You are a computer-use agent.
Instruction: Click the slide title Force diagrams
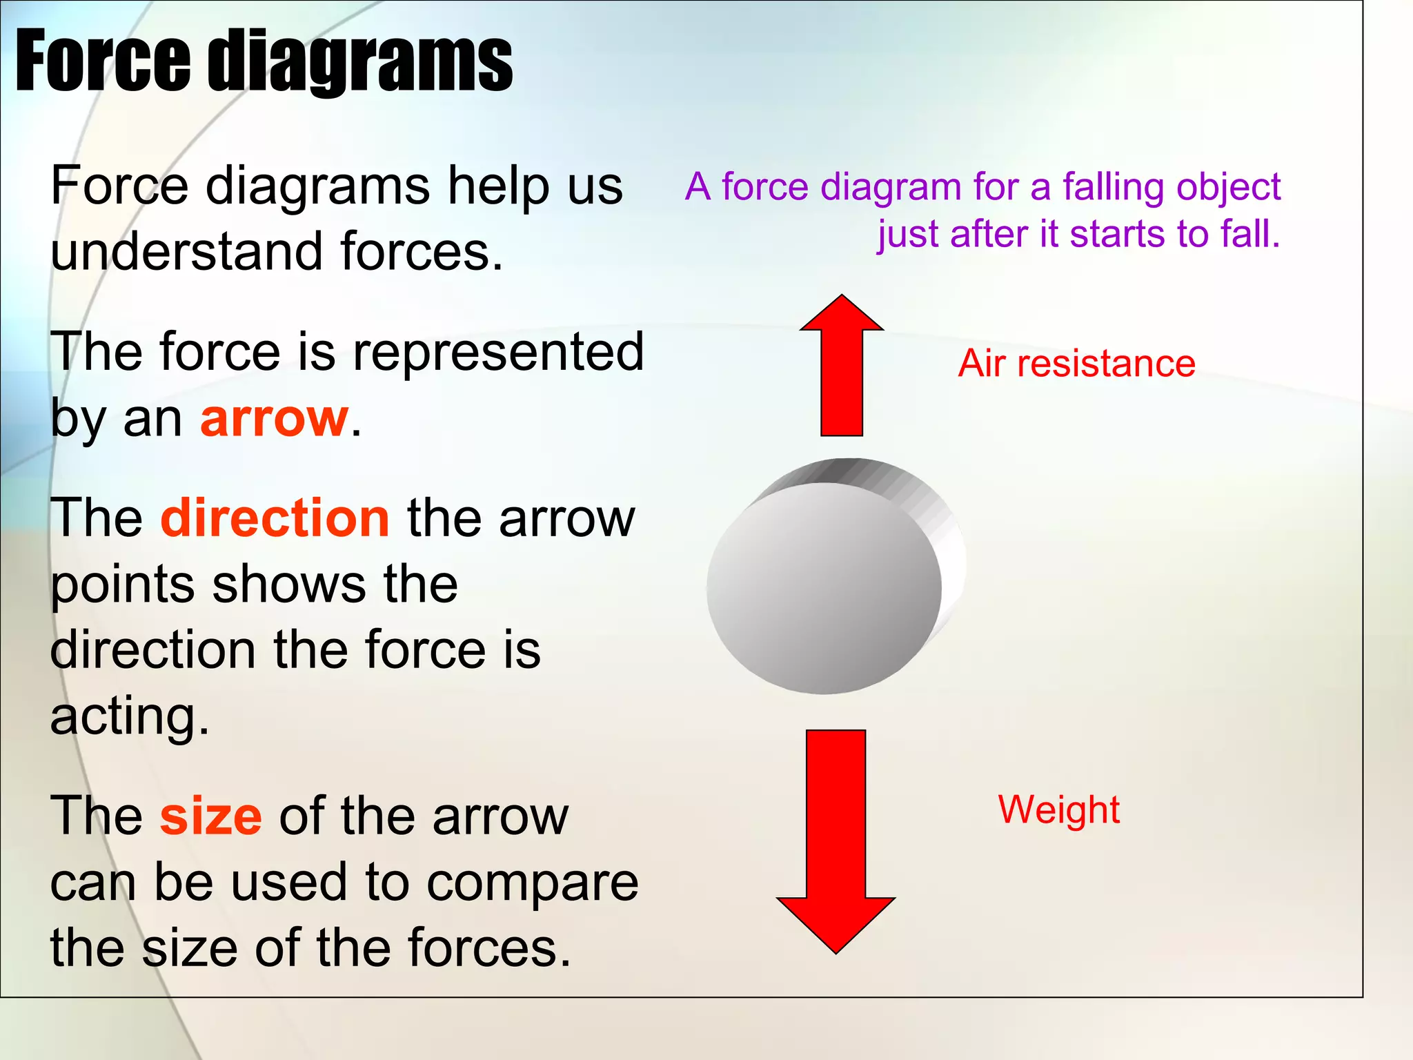coord(264,62)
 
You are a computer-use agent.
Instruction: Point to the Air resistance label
coord(1076,364)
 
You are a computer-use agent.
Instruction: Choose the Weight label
coord(1059,810)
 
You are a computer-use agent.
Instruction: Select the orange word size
coord(210,816)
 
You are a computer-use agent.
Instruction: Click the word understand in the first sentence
coord(186,251)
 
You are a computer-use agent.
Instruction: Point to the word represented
coord(498,352)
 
